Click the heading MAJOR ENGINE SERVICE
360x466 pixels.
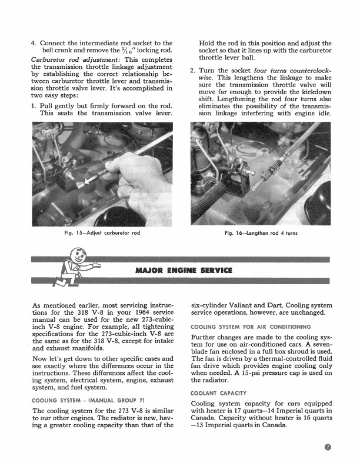coord(184,271)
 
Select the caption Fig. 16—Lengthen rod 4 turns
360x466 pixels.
coord(261,233)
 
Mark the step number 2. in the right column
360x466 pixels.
coord(194,71)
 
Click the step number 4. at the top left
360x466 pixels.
coord(34,43)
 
